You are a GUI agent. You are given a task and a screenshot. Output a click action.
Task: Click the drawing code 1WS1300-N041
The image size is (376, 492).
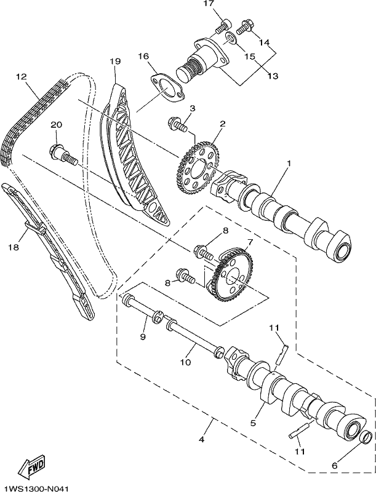[34, 488]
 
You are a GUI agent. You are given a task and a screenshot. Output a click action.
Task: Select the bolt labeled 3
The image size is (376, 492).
[177, 124]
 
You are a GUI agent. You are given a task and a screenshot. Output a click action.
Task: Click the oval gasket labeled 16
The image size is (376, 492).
[168, 88]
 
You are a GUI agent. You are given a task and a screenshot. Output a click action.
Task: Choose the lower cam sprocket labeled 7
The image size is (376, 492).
[232, 274]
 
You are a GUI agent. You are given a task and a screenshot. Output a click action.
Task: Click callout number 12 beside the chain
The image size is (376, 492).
[22, 76]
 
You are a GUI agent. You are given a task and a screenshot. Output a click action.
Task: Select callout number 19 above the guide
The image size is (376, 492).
[115, 61]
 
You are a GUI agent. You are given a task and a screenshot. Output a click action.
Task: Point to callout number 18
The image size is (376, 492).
[14, 247]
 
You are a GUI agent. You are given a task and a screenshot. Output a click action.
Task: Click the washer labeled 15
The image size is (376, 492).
[231, 38]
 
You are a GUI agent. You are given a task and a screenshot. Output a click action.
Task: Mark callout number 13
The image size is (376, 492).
[273, 76]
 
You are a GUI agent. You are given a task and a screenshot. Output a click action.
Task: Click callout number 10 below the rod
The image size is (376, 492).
[185, 362]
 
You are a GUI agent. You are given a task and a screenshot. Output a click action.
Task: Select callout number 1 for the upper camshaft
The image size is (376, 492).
[289, 164]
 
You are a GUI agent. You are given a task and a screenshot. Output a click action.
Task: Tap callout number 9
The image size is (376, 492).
[143, 336]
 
